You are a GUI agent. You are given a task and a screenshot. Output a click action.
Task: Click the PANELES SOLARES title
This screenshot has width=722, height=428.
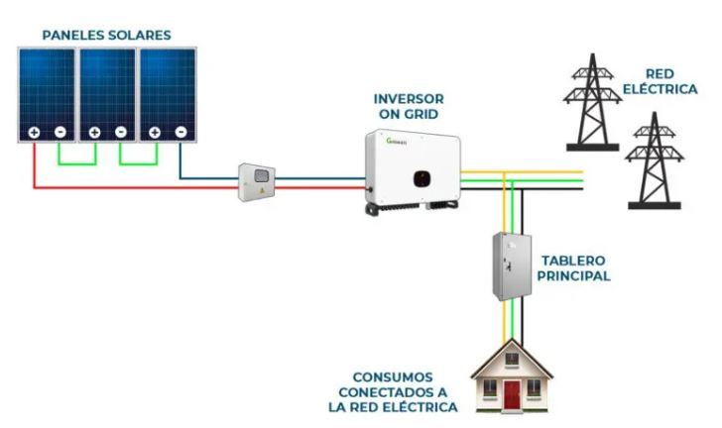tap(106, 35)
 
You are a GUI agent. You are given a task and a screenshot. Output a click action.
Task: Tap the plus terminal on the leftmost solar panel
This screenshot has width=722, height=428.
tap(34, 132)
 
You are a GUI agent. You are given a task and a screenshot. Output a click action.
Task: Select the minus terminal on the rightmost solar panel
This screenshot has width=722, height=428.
tap(180, 132)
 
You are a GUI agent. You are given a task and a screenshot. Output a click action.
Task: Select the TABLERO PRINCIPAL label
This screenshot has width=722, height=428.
tap(573, 268)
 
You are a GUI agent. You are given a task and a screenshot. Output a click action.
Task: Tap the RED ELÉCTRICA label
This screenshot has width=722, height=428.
tap(670, 81)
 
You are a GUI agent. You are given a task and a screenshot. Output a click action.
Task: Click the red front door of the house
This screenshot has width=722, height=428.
tap(512, 395)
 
